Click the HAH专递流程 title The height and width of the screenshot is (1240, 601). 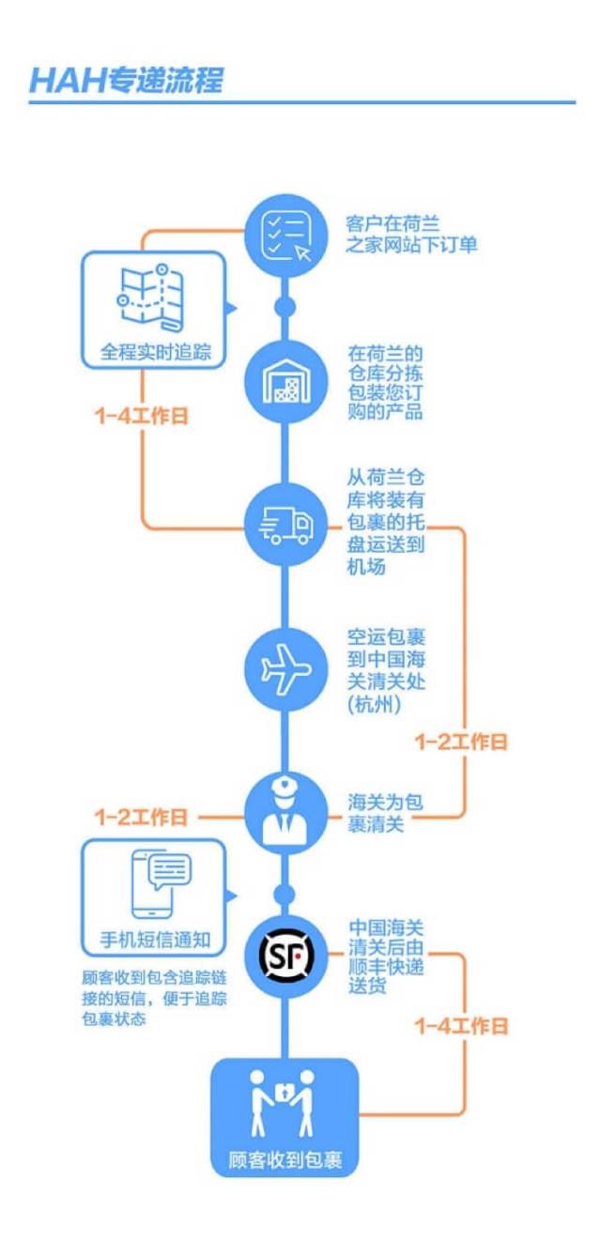[x=126, y=81]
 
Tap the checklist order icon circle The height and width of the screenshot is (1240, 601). [x=285, y=235]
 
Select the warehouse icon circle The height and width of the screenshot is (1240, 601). [x=285, y=382]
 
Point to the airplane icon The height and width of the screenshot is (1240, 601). [x=285, y=669]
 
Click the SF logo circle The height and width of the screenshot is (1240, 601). [x=285, y=956]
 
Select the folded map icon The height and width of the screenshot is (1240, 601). [x=150, y=298]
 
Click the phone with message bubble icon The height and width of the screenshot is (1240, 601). [x=161, y=884]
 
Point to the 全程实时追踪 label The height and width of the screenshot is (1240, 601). [x=155, y=352]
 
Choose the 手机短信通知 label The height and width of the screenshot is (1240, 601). [x=155, y=940]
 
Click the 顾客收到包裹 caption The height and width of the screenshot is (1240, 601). [x=285, y=1159]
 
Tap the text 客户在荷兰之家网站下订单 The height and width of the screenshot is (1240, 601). [x=411, y=234]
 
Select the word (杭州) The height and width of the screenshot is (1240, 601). [x=374, y=704]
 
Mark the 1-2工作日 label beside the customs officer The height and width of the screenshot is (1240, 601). [x=141, y=817]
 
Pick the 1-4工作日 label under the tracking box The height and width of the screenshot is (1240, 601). [x=142, y=416]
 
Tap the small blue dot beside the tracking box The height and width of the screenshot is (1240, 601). [x=285, y=307]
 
